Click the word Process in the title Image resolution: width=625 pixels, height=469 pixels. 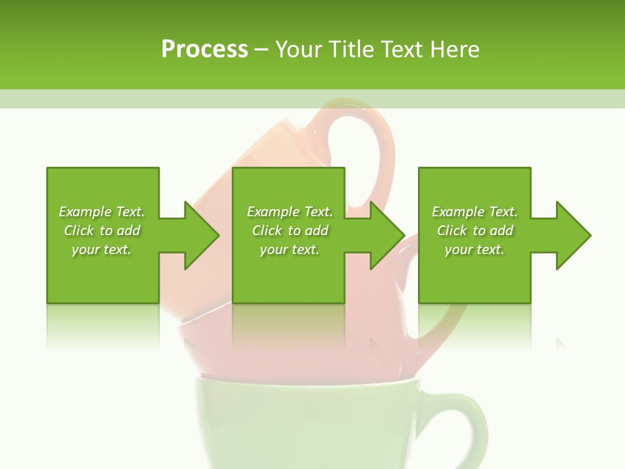coord(204,50)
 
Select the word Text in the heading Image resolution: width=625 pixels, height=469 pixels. coord(403,50)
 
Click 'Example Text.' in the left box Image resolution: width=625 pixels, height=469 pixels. coord(102,212)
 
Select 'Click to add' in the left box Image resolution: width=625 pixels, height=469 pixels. coord(102,231)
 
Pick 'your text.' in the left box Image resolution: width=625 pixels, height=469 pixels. coord(102,249)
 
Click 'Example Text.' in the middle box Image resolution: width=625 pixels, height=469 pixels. coord(290,212)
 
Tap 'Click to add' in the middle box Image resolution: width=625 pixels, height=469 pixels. coord(290,231)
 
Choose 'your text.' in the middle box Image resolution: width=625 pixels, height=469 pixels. coord(290,249)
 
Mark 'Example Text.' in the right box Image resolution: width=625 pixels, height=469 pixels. coord(475,212)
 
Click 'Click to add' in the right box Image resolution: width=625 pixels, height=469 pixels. coord(475,231)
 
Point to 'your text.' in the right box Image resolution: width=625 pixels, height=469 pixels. coord(475,249)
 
